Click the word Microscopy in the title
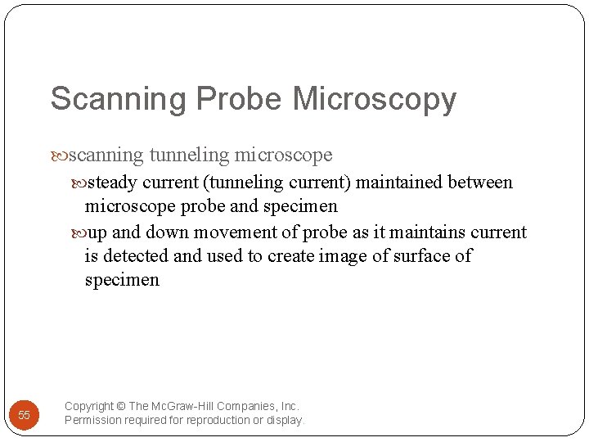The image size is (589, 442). (x=374, y=100)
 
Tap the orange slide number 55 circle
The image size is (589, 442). (x=24, y=415)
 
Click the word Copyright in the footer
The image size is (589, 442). (x=89, y=406)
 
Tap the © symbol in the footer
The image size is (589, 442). (x=121, y=406)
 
